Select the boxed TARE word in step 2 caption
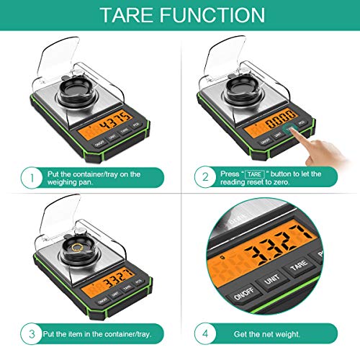[x=254, y=174]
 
